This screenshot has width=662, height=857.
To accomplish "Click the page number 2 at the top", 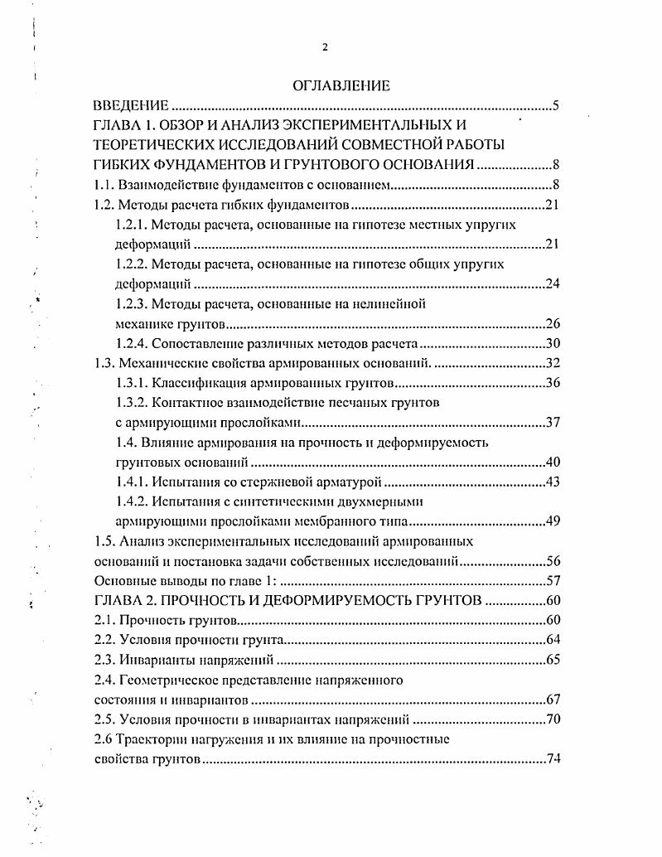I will pos(326,47).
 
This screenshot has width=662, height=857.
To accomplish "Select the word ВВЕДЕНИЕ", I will pos(130,106).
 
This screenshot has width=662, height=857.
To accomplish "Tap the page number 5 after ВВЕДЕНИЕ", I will pos(557,106).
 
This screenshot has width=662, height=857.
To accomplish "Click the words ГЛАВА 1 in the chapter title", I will pos(127,125).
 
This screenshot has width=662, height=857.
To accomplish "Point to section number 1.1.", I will pos(104,185).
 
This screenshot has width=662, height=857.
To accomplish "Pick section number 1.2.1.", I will pos(132,224).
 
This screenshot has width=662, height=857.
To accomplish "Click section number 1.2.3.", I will pos(132,303).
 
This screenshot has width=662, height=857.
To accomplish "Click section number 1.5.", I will pos(104,542).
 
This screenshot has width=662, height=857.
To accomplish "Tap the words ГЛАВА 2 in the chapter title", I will pos(127,601).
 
